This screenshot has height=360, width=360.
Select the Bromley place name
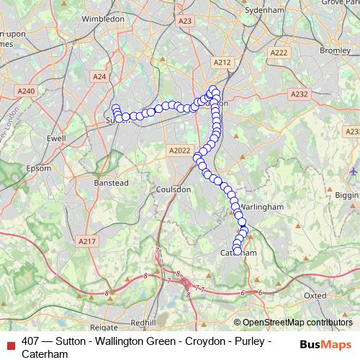pos(334,50)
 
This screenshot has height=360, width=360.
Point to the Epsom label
pos(38,168)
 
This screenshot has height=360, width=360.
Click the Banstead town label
pos(111,183)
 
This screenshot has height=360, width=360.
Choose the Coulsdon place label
pos(173,189)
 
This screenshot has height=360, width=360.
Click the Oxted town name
pos(315,295)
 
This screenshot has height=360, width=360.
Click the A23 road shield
pos(184,22)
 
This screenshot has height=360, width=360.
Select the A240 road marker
pos(27,91)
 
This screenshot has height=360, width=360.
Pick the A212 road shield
pos(222,63)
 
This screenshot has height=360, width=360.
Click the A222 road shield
pos(279,53)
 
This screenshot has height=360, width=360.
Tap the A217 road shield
pos(86,242)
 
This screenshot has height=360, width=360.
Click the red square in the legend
pos(10,342)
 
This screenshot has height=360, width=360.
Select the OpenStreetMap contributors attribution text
pos(297,322)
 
